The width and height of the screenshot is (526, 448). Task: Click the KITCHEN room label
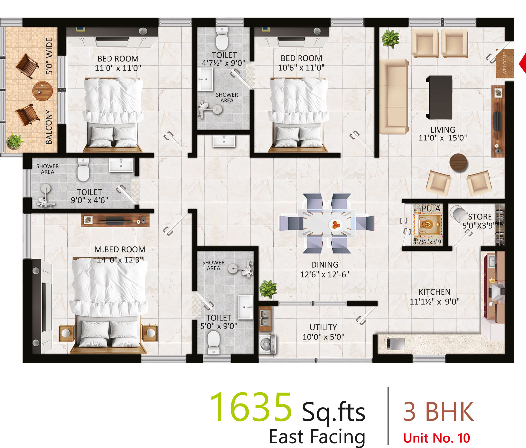[x=435, y=292]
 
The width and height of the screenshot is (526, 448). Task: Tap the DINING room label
[x=324, y=265]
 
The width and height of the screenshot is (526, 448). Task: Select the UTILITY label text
[x=323, y=327]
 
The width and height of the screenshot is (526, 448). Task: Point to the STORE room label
[x=480, y=217]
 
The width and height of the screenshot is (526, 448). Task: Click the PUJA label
[x=431, y=208]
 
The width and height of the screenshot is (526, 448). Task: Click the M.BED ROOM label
[x=120, y=250]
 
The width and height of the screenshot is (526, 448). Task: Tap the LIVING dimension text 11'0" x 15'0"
[x=442, y=138]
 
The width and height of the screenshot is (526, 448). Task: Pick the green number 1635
[x=251, y=407]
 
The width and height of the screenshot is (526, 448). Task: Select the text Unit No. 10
[x=437, y=438]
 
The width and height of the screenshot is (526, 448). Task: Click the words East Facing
[x=317, y=437]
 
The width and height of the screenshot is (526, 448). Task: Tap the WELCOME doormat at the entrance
[x=505, y=63]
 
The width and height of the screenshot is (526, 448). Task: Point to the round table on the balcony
[x=42, y=91]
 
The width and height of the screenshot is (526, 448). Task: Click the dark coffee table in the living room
[x=439, y=97]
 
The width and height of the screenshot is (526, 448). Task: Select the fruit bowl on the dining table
[x=335, y=225]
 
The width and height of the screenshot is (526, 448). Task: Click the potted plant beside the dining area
[x=268, y=289]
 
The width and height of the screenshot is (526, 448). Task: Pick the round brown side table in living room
[x=459, y=162]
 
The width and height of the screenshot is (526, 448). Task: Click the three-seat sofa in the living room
[x=394, y=96]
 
